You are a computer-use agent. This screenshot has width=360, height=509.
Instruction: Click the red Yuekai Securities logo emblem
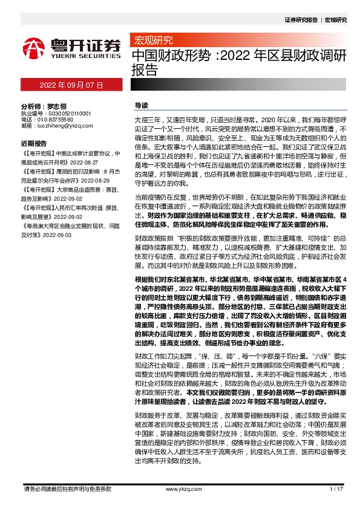(34, 47)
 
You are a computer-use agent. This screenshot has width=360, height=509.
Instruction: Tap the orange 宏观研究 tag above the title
(152, 41)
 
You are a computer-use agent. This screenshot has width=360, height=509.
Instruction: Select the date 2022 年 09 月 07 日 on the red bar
(71, 85)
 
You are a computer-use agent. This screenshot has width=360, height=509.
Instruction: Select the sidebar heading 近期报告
(33, 144)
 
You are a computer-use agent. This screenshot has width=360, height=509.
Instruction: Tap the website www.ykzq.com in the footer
(180, 488)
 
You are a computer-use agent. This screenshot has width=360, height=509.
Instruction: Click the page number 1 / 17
(336, 488)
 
